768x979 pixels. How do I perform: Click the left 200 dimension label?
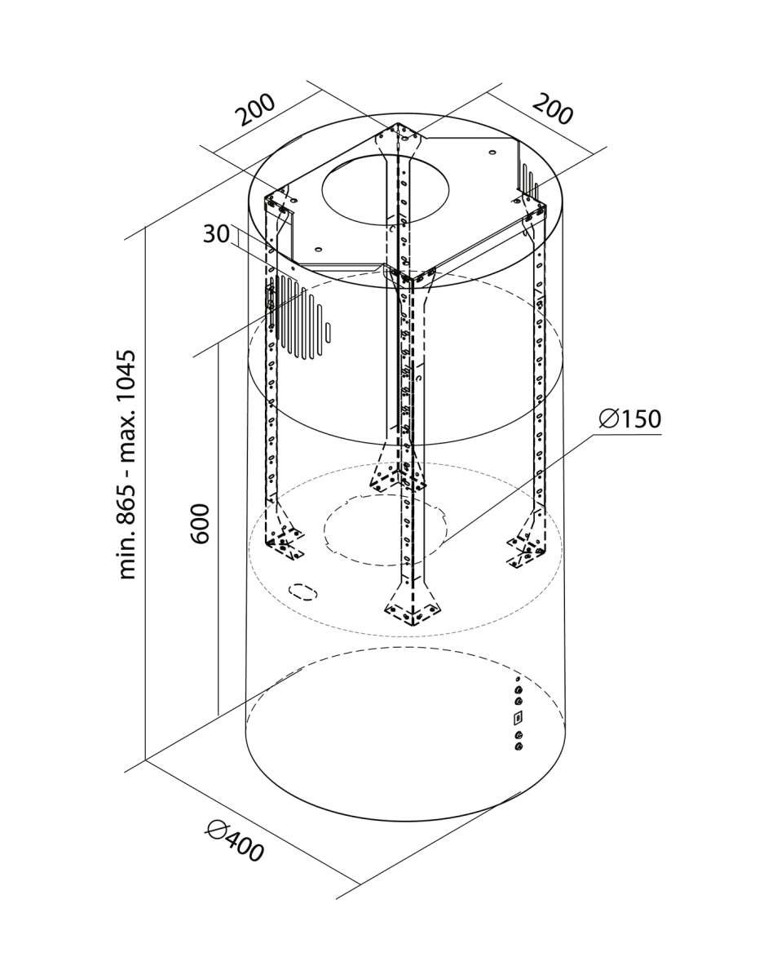[257, 109]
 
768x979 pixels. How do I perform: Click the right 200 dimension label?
[553, 109]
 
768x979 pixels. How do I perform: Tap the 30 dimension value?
[216, 234]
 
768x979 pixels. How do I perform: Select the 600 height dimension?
[200, 524]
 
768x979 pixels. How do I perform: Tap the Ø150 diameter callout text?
[629, 419]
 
